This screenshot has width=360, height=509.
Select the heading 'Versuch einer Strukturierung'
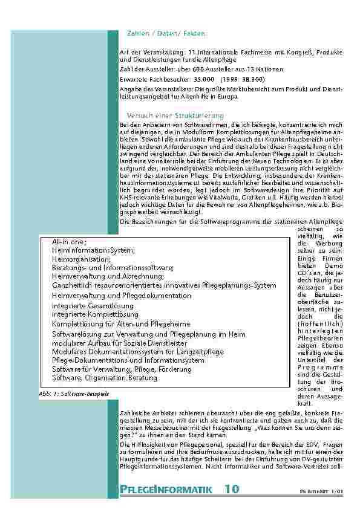(x=175, y=115)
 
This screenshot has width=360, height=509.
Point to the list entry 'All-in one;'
(x=70, y=241)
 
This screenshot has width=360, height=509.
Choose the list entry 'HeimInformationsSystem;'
(x=93, y=250)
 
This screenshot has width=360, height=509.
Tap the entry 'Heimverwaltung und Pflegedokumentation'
(x=122, y=296)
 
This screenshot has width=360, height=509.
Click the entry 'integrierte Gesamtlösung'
(x=93, y=306)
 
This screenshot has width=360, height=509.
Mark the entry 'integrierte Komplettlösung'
(x=96, y=314)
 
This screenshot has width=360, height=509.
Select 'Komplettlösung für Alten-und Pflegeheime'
(x=121, y=324)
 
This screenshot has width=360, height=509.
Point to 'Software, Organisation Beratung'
(x=105, y=378)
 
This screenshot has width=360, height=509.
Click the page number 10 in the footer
(x=231, y=488)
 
